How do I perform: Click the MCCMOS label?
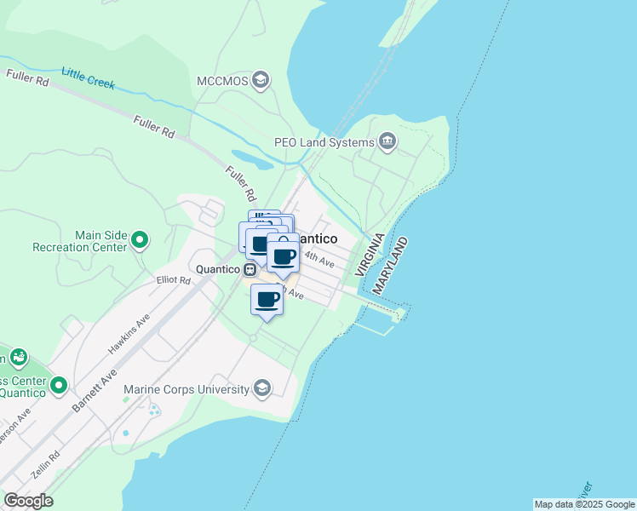click(223, 81)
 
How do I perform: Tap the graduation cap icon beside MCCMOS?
click(261, 81)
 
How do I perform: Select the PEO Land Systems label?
click(324, 142)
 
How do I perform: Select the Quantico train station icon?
click(250, 269)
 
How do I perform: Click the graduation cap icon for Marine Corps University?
click(262, 389)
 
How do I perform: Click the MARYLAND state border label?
click(390, 267)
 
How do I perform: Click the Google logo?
click(28, 501)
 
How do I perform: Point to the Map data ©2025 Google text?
click(584, 504)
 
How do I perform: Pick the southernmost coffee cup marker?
click(267, 300)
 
